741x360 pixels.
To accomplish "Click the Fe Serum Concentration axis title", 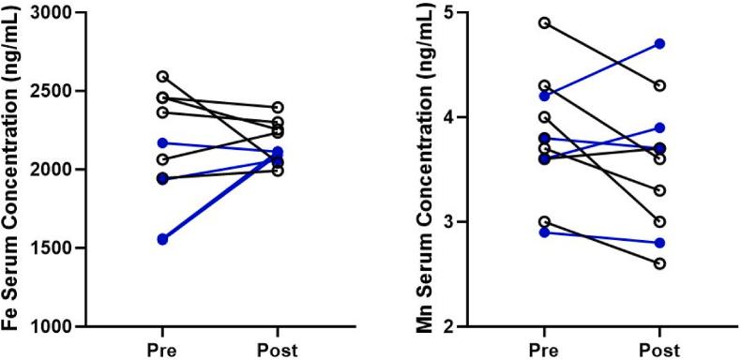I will [13, 169].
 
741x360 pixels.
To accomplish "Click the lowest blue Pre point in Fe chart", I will [163, 240].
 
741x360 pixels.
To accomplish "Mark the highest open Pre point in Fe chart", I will [163, 77].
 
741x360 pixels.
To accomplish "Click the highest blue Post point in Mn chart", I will [659, 44].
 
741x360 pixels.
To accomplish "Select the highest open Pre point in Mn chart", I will [544, 22].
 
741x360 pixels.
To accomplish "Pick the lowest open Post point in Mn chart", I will [659, 263].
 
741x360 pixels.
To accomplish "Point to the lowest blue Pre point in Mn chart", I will [544, 232].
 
